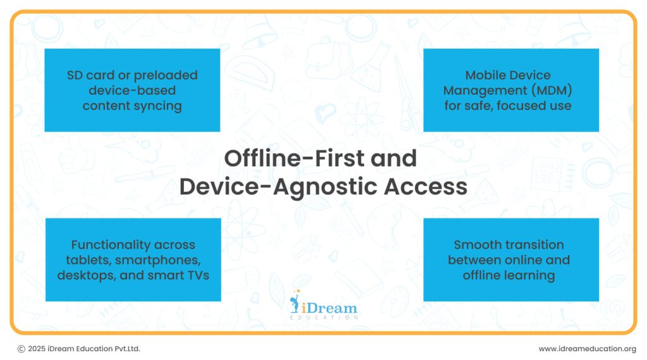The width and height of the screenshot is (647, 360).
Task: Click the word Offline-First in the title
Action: point(294,159)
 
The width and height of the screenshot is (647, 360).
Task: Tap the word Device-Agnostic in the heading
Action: point(278,187)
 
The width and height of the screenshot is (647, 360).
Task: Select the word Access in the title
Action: point(425,186)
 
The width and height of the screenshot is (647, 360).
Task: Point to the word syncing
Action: point(157,106)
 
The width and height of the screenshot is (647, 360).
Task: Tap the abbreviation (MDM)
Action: point(552,90)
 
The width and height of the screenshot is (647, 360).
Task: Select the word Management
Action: point(485,91)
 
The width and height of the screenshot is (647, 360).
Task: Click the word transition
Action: point(530,244)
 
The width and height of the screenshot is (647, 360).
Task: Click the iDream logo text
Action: point(329,308)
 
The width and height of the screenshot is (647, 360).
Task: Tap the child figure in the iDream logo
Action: point(294,301)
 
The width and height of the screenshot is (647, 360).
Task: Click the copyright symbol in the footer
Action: point(21,349)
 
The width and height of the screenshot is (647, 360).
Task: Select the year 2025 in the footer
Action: point(37,349)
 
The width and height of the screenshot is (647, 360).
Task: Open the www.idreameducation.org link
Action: point(587,349)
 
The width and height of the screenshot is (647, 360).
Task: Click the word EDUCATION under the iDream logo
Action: point(324,318)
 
